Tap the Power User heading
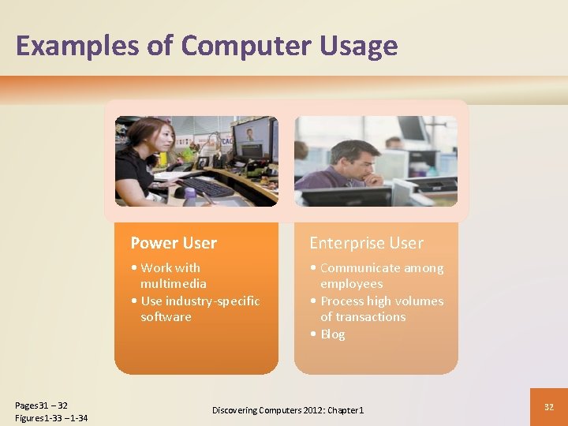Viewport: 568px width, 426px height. (174, 243)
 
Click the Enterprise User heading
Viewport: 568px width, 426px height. (366, 243)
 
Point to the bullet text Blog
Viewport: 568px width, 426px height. (332, 334)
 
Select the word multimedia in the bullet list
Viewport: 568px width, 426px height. (174, 284)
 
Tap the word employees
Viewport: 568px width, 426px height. (351, 284)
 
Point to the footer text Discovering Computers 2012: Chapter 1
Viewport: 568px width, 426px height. (288, 410)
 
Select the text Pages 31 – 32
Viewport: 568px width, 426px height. (41, 405)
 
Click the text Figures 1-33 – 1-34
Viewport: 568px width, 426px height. (51, 418)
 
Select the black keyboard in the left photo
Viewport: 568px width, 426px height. (205, 187)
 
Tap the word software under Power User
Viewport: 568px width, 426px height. (166, 317)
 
